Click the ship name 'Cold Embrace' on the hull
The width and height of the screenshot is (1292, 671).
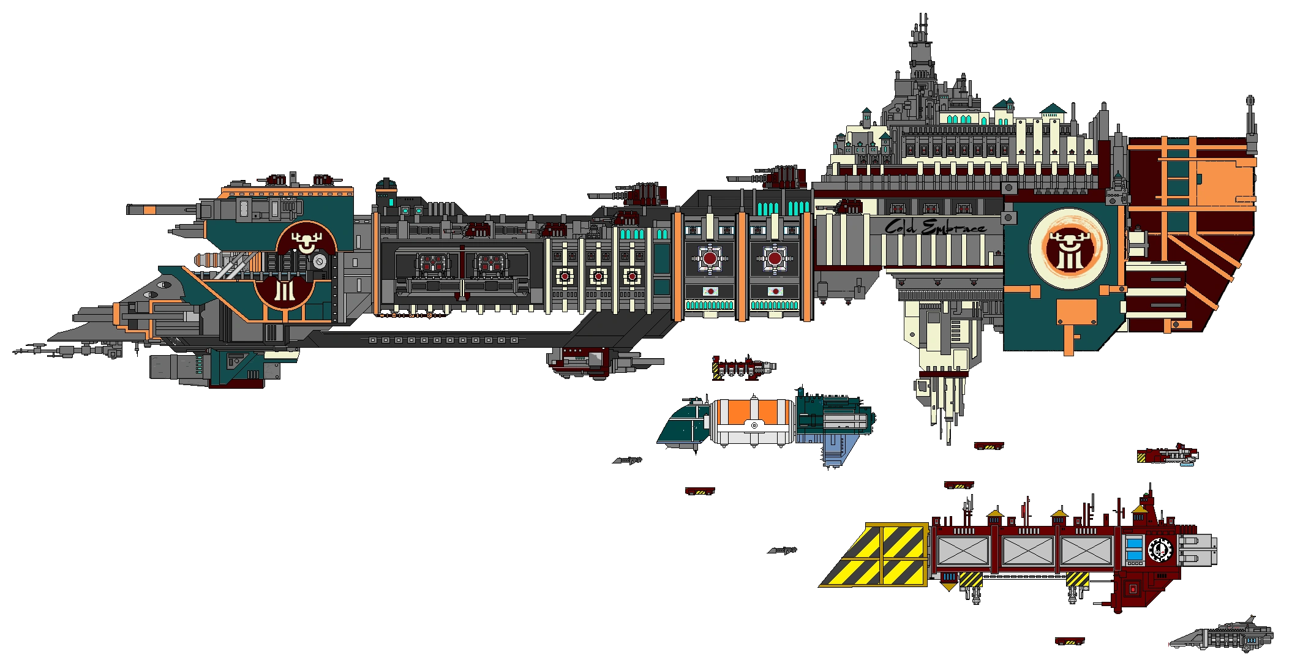[935, 228]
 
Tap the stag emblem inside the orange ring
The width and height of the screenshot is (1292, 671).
[1068, 250]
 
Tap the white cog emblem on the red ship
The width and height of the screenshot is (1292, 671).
[1159, 550]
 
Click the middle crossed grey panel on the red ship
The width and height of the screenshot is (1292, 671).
[1028, 550]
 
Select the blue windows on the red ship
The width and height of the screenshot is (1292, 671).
[1134, 549]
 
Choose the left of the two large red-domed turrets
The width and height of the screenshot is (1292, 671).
[710, 258]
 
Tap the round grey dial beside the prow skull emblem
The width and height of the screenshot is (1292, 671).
[319, 262]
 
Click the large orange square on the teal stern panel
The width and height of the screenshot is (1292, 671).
[1076, 312]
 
